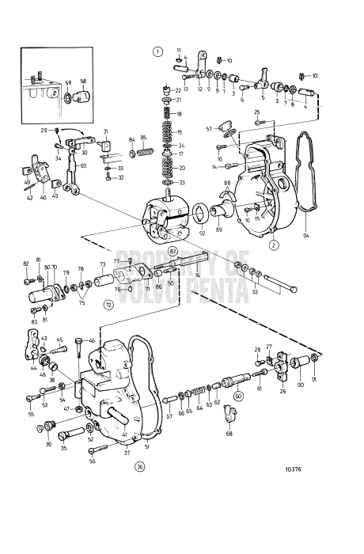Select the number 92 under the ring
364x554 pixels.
pyautogui.click(x=203, y=233)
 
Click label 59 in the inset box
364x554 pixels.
pyautogui.click(x=68, y=82)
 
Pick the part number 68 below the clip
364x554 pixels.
pyautogui.click(x=229, y=434)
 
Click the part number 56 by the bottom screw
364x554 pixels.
pyautogui.click(x=93, y=461)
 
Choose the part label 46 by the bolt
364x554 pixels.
pyautogui.click(x=92, y=341)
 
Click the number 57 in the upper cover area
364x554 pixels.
pyautogui.click(x=209, y=128)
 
